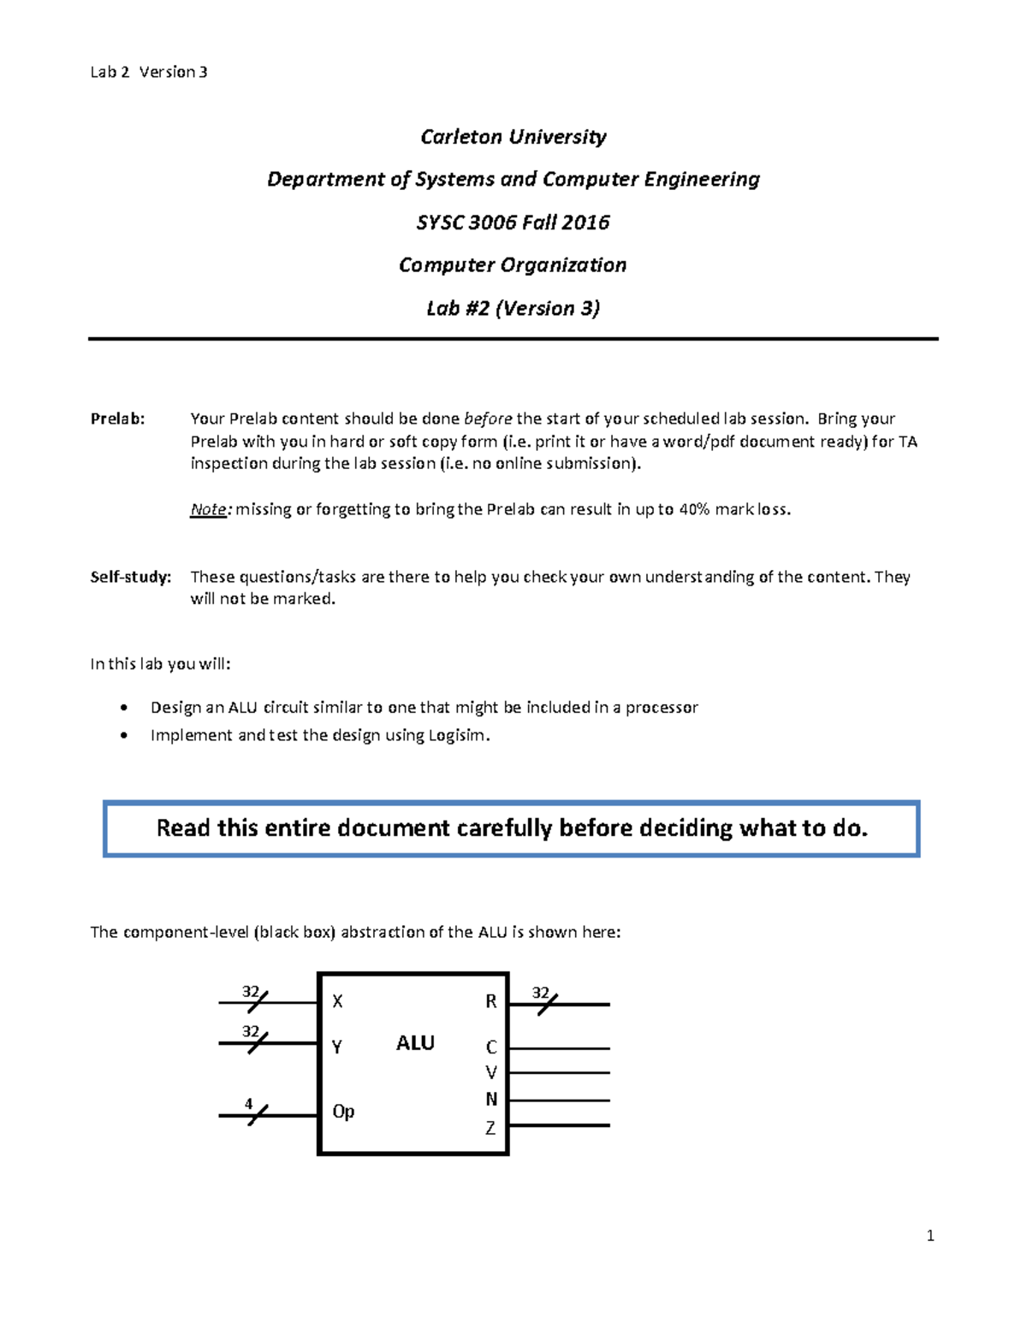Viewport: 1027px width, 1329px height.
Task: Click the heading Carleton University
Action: [513, 137]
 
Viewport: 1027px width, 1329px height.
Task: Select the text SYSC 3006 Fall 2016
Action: [513, 222]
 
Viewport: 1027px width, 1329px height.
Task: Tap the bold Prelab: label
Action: [118, 418]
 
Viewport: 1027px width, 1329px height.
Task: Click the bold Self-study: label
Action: [131, 577]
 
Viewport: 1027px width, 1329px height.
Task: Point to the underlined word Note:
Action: [210, 510]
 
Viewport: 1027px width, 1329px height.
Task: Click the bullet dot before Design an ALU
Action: [126, 708]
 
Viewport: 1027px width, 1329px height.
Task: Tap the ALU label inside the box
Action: [415, 1042]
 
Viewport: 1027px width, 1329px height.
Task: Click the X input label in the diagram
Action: [337, 1000]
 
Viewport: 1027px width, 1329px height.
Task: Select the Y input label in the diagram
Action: [337, 1046]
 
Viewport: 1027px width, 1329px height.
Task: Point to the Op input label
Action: [343, 1112]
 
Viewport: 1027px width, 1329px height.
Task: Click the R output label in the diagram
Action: [491, 1001]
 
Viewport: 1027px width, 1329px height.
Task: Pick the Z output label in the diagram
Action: [490, 1128]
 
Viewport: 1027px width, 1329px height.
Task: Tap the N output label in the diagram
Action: [491, 1099]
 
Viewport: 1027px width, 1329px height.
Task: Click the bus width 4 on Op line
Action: [249, 1103]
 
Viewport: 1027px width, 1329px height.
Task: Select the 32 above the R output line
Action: [540, 992]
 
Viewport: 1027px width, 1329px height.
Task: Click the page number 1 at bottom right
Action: [930, 1236]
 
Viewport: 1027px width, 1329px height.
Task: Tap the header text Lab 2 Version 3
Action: [149, 72]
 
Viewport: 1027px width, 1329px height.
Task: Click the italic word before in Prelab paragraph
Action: [488, 418]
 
